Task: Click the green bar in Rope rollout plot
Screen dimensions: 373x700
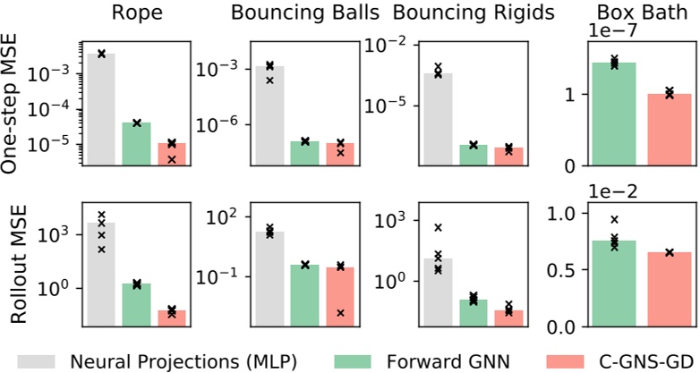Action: coord(137,305)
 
